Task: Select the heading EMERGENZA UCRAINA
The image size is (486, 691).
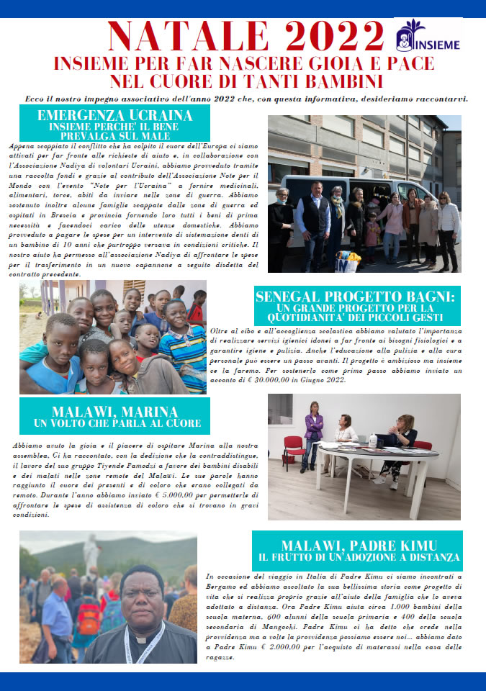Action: click(x=114, y=115)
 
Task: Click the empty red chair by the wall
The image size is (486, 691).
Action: click(x=293, y=448)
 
